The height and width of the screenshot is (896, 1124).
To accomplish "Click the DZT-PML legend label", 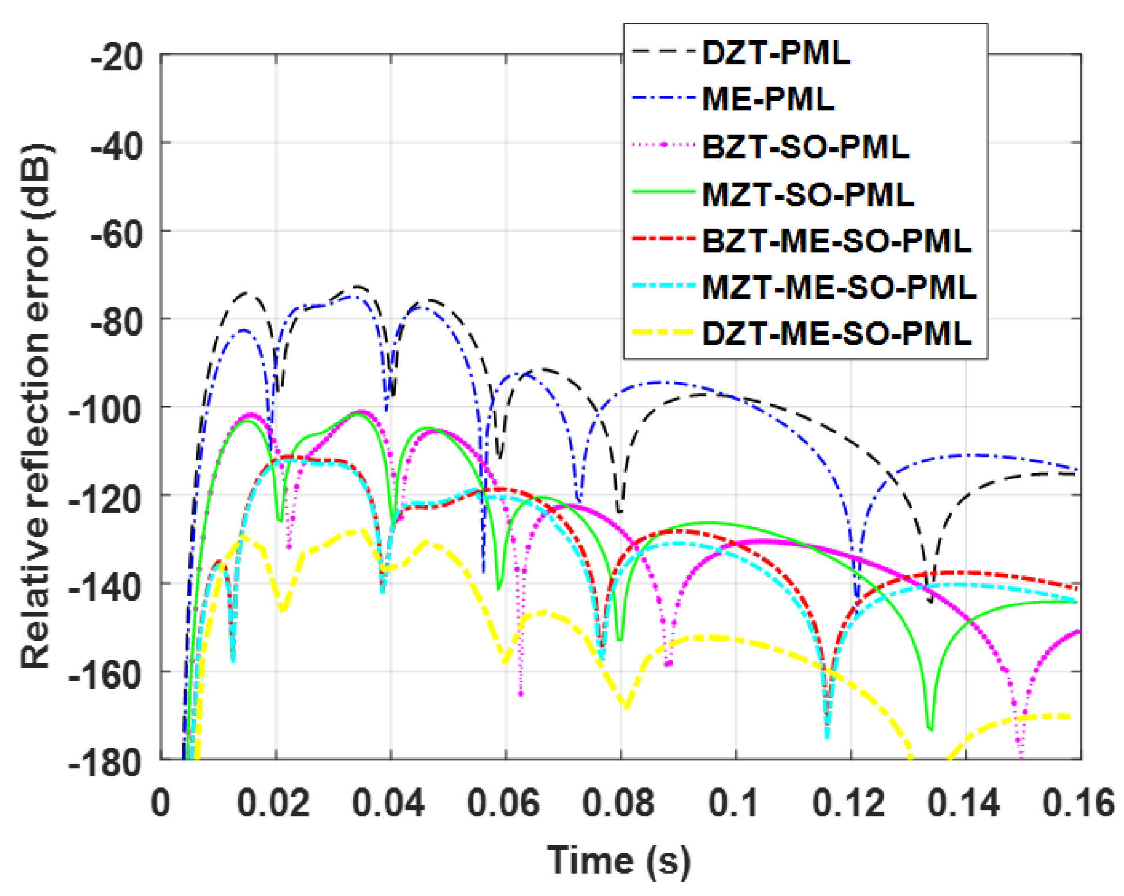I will coord(776,53).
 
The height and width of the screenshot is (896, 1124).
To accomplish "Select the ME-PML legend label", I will coord(767,99).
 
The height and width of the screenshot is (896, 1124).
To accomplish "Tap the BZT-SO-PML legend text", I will coord(805,147).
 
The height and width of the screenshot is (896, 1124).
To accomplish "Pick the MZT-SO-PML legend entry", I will coord(807,194).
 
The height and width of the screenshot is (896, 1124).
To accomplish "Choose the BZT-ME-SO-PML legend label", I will coord(836,240).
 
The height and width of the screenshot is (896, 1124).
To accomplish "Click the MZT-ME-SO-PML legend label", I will coord(839,287).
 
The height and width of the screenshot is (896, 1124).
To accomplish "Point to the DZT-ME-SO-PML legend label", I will coord(836,334).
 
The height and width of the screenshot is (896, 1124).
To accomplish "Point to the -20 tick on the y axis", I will coord(117,58).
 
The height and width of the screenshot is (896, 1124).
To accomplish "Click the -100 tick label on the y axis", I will coord(106,410).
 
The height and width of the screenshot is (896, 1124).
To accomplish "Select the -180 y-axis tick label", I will coord(106,763).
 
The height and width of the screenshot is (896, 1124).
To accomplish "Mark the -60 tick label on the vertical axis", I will coord(117,234).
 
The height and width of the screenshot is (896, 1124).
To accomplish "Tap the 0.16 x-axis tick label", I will coord(1078,803).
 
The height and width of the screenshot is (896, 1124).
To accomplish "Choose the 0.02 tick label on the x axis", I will coord(273,803).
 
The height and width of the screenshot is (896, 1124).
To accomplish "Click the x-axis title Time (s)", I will coord(618,861).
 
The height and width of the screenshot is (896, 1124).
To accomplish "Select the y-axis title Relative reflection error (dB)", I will coord(36,407).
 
